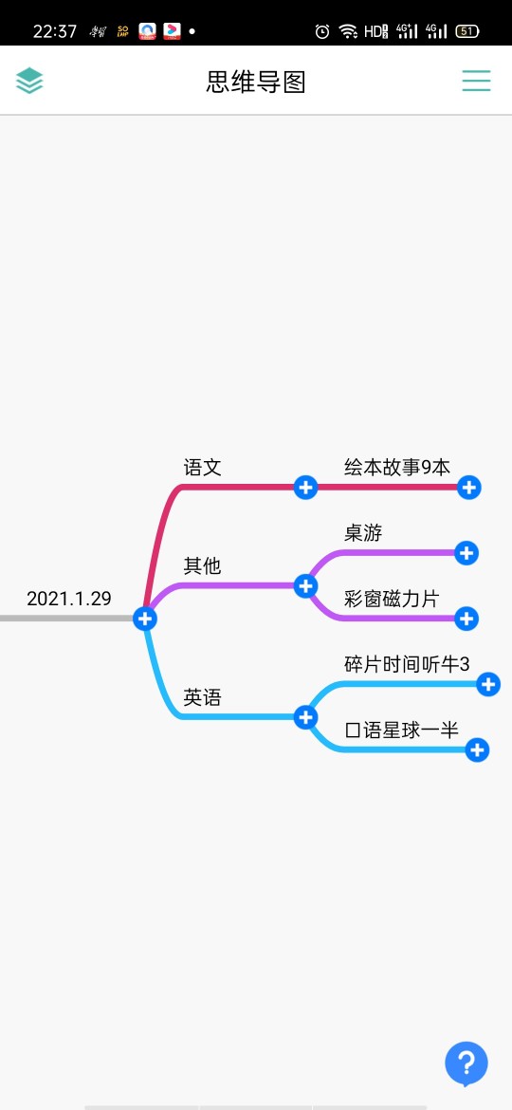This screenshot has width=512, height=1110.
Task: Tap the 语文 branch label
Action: click(202, 467)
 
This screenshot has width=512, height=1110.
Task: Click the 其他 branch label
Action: click(202, 565)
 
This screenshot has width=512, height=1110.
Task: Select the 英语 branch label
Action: click(202, 697)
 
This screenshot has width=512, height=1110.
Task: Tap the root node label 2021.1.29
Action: click(68, 599)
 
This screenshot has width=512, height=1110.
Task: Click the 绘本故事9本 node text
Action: click(396, 467)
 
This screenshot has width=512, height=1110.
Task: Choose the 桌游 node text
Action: click(363, 533)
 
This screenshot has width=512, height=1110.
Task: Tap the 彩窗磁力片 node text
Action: click(392, 599)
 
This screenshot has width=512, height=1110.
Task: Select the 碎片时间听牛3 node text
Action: click(407, 664)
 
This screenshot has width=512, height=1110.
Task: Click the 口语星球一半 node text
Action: click(402, 730)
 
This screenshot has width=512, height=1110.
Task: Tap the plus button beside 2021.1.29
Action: click(145, 619)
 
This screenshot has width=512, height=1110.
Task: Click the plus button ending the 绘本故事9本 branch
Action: click(469, 487)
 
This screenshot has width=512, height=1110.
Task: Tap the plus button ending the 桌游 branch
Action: click(466, 553)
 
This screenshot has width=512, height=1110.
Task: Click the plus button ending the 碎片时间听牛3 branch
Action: click(488, 685)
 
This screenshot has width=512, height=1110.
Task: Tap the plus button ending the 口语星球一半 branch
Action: click(477, 750)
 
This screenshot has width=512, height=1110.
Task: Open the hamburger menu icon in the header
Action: click(477, 81)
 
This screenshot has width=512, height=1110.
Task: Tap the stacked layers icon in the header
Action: click(29, 81)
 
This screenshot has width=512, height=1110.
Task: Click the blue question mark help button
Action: click(466, 1064)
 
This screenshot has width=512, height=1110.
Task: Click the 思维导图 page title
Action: click(256, 83)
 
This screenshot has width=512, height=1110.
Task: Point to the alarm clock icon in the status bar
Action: click(322, 31)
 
